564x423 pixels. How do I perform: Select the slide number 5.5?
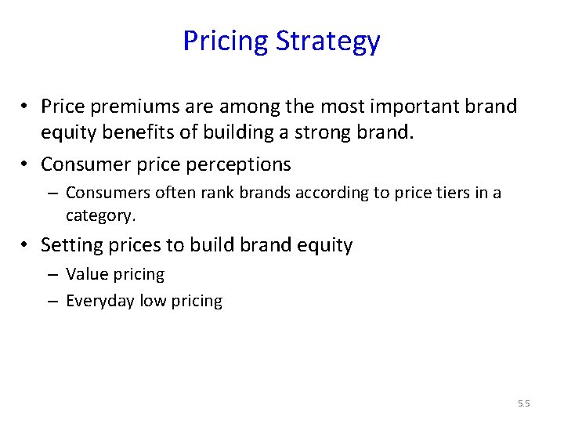pos(523,403)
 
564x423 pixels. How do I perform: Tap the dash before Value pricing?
pos(51,275)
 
